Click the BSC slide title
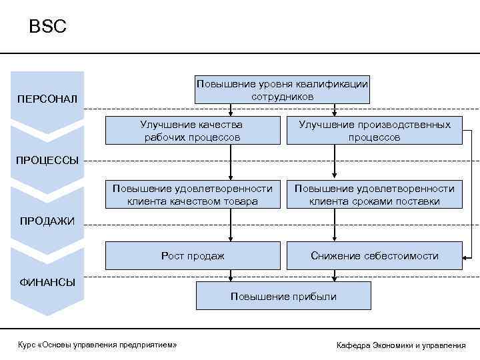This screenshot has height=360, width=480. click(47, 27)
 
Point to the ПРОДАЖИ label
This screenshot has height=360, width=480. click(47, 221)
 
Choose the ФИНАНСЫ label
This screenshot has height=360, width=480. click(47, 281)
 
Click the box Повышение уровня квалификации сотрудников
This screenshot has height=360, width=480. click(282, 89)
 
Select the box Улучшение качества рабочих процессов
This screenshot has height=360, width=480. click(191, 131)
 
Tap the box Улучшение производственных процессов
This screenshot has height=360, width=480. click(374, 131)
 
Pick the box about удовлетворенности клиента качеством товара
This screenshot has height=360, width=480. click(192, 195)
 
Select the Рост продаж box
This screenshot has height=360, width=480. click(192, 256)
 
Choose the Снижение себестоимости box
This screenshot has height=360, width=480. click(374, 256)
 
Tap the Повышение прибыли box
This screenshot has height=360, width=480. click(283, 296)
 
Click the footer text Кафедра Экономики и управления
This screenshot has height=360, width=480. click(401, 345)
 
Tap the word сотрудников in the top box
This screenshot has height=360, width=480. click(282, 96)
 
